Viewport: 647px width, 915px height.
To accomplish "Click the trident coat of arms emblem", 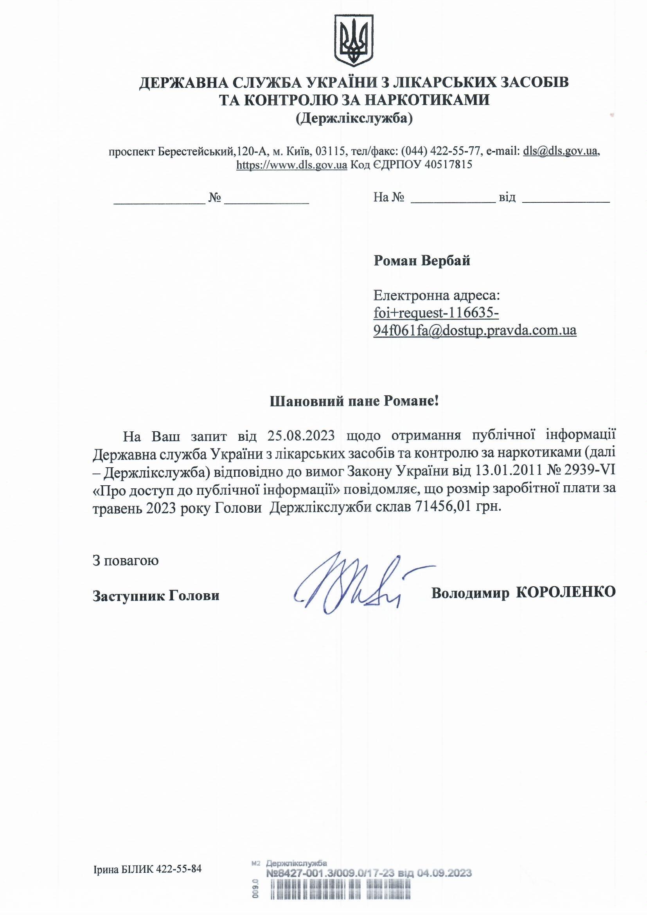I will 353,41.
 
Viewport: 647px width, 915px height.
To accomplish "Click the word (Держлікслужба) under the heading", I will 354,118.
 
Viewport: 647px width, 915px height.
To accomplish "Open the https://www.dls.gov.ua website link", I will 292,165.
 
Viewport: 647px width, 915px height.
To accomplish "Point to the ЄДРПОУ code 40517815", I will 449,165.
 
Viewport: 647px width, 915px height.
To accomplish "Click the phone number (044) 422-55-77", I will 440,151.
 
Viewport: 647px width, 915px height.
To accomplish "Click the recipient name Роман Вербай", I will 422,261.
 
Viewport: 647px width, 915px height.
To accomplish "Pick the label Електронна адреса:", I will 436,296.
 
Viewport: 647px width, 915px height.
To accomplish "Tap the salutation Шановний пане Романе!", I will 354,401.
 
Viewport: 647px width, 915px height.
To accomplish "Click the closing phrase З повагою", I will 126,560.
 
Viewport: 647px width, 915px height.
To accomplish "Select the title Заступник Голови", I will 156,596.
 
